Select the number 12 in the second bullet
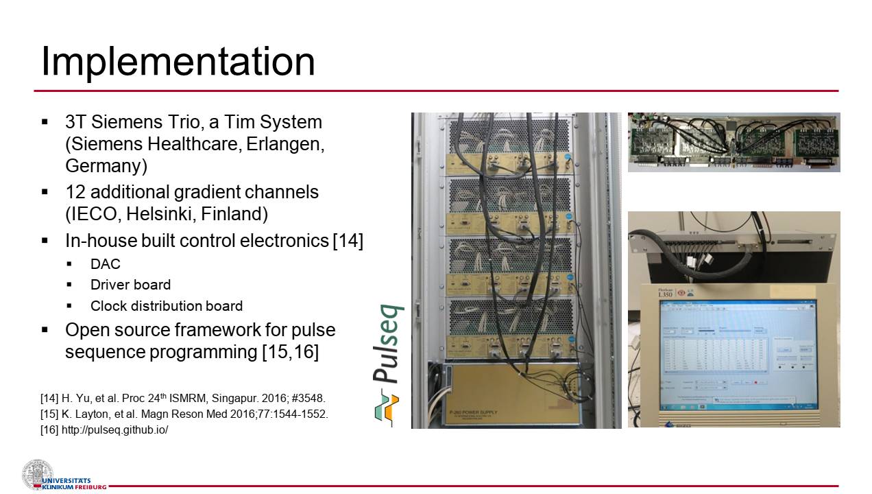[75, 192]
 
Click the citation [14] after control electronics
[348, 241]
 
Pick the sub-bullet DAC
[105, 264]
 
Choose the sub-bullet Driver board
[130, 285]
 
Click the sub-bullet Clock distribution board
[166, 306]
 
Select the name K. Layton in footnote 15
[88, 414]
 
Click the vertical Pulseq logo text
[388, 343]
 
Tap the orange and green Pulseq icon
[387, 408]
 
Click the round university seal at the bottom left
[37, 475]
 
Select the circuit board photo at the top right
[734, 142]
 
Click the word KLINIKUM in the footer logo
[58, 487]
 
